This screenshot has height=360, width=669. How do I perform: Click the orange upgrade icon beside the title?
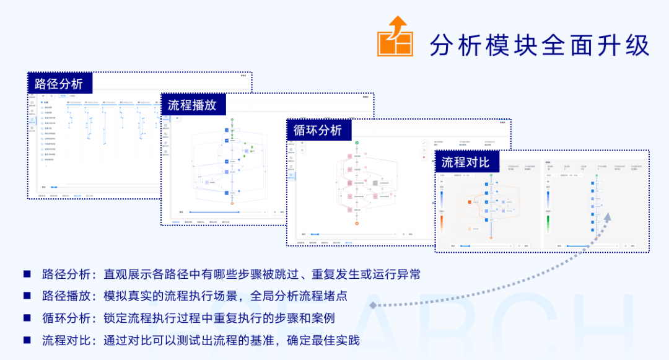point(395,38)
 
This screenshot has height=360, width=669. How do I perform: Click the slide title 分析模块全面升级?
point(539,45)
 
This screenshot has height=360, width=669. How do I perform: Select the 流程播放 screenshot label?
point(192,105)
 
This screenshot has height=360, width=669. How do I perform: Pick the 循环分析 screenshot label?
point(317,130)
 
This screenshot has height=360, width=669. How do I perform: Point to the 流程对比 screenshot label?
point(465,162)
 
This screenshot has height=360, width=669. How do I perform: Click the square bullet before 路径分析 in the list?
point(27,273)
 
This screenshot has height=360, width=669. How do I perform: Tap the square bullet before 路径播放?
point(27,296)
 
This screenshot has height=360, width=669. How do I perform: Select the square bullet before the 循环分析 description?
point(27,318)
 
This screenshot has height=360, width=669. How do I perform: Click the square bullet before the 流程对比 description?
point(27,340)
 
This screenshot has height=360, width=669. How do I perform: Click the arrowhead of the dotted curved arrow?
point(607,216)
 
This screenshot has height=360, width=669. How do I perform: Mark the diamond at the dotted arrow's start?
point(372,305)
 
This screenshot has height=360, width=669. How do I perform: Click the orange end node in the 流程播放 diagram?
point(232,203)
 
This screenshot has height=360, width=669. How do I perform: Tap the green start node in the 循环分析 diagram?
point(357,143)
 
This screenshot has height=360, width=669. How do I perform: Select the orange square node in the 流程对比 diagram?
point(470,203)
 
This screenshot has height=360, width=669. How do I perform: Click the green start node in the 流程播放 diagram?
point(232,119)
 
